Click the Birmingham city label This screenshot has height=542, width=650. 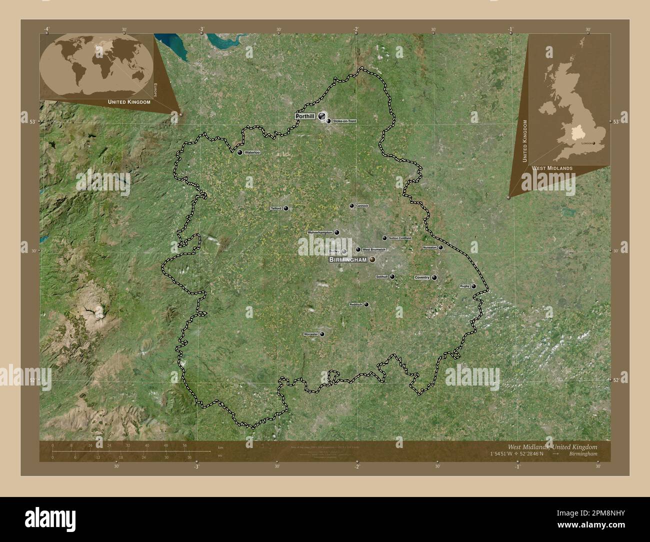tap(347, 260)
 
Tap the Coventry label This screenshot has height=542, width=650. tap(422, 277)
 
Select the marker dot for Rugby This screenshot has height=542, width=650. tap(473, 286)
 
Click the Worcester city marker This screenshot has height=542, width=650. tap(322, 334)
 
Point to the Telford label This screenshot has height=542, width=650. tap(276, 208)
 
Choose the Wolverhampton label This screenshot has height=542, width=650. tap(320, 232)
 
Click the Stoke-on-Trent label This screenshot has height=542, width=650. tap(344, 121)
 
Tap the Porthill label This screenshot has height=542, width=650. tap(305, 116)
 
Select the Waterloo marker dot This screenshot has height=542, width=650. tap(240, 152)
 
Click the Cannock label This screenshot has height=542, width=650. tap(362, 205)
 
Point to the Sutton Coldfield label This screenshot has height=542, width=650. tap(399, 238)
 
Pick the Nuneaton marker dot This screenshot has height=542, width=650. tap(440, 247)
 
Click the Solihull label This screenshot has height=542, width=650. tap(382, 276)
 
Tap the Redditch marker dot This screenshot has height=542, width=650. tap(366, 304)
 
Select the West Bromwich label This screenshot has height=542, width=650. tap(373, 249)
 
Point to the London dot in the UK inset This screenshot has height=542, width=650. tap(593, 143)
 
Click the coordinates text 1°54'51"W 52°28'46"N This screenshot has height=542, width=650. tap(517, 453)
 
